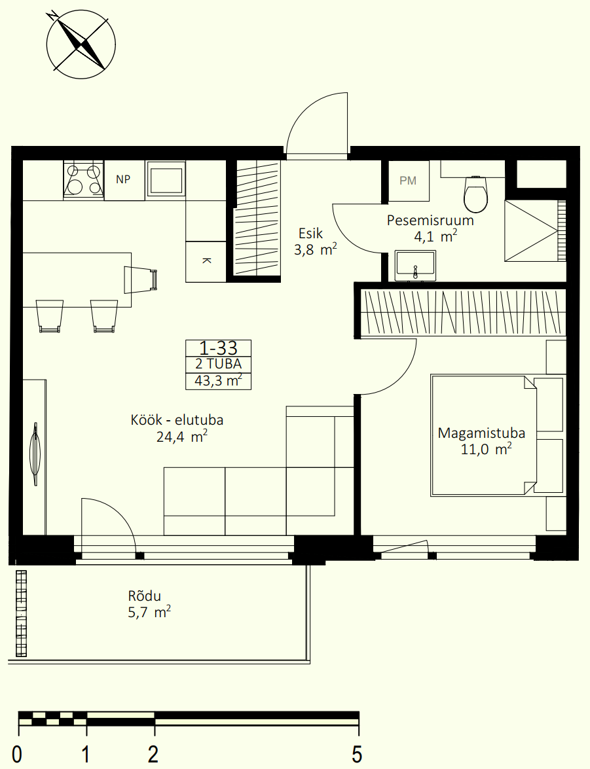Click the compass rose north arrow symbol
tap(81, 44)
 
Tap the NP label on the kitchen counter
tap(123, 179)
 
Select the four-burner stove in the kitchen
tap(83, 180)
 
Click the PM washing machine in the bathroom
tap(409, 181)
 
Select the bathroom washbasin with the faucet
tap(415, 266)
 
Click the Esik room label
tap(310, 233)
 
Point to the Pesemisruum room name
tap(430, 220)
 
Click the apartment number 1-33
tap(219, 348)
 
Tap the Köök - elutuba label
tap(177, 420)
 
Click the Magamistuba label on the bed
tap(481, 433)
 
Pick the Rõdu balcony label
tap(144, 596)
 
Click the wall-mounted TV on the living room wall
tap(35, 454)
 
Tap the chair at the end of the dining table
tap(141, 279)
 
